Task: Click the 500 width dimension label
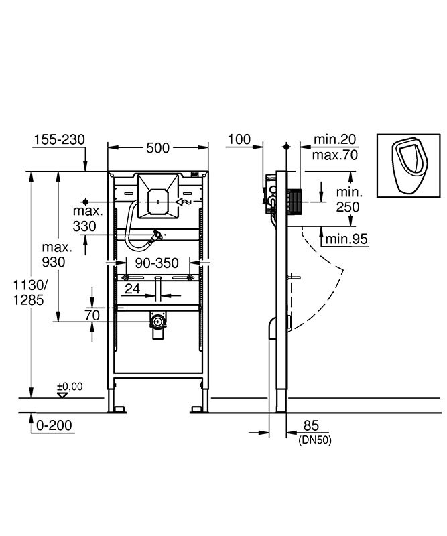(157, 148)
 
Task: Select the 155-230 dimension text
(59, 139)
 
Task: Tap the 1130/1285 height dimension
(29, 292)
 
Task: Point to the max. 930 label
(56, 255)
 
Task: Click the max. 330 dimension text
(88, 219)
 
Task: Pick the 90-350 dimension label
(157, 263)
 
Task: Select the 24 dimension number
(132, 289)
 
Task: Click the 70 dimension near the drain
(92, 315)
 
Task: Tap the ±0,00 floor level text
(70, 387)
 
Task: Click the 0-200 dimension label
(54, 425)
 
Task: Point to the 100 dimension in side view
(239, 139)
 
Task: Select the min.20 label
(335, 139)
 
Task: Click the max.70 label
(335, 155)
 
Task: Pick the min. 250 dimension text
(348, 200)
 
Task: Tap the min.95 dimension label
(346, 239)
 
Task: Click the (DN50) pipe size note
(315, 440)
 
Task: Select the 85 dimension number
(311, 426)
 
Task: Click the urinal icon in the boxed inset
(409, 165)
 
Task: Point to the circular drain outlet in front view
(157, 322)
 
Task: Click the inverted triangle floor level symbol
(62, 395)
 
